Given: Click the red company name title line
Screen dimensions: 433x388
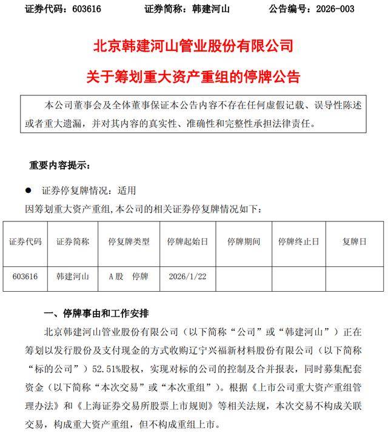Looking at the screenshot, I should pyautogui.click(x=194, y=46).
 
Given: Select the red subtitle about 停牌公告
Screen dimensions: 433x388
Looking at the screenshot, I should pyautogui.click(x=194, y=76).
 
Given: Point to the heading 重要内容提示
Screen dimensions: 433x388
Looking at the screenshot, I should pyautogui.click(x=60, y=165).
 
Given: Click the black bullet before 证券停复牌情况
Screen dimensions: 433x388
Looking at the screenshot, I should pyautogui.click(x=28, y=190).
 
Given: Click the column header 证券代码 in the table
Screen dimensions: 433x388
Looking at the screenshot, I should pyautogui.click(x=25, y=241).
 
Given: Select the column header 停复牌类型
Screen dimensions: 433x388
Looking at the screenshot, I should pyautogui.click(x=128, y=241).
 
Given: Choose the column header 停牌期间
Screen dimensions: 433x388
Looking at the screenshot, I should pyautogui.click(x=244, y=241).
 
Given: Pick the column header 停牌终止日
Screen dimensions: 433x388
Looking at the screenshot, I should pyautogui.click(x=298, y=241).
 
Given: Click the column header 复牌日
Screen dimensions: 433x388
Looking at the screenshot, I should pyautogui.click(x=354, y=241).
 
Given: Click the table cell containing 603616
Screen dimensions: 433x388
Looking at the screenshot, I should pyautogui.click(x=25, y=276).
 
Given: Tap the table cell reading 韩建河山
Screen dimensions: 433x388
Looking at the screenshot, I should pyautogui.click(x=73, y=276).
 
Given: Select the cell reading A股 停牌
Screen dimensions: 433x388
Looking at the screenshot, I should pyautogui.click(x=128, y=276).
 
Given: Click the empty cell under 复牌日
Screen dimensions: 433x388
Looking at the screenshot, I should pyautogui.click(x=354, y=276).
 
